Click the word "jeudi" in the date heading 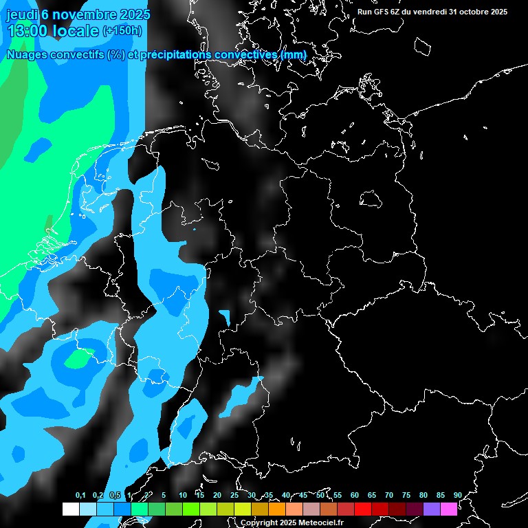pyautogui.click(x=21, y=14)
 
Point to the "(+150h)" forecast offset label pyautogui.click(x=122, y=30)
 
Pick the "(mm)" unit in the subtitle pyautogui.click(x=294, y=54)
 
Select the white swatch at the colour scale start pyautogui.click(x=70, y=509)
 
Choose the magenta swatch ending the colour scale pyautogui.click(x=449, y=509)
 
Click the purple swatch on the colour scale pyautogui.click(x=432, y=509)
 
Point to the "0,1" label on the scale pyautogui.click(x=80, y=496)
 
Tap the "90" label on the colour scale pyautogui.click(x=458, y=496)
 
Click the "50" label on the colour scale pyautogui.click(x=320, y=496)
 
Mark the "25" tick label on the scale pyautogui.click(x=234, y=496)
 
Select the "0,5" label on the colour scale pyautogui.click(x=115, y=496)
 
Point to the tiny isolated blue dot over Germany pyautogui.click(x=195, y=229)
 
